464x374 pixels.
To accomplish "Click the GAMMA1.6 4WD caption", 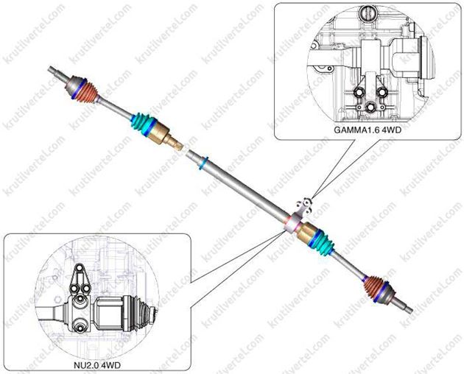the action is [x=368, y=130].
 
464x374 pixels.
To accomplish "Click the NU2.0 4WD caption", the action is [x=97, y=365].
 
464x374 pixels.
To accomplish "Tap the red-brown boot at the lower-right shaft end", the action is [x=374, y=289].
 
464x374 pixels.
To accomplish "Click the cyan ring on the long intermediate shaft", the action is [x=204, y=164].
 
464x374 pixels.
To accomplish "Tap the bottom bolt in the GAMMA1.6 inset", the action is [x=370, y=107].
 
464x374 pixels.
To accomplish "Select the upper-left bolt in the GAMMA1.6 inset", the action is [x=358, y=93].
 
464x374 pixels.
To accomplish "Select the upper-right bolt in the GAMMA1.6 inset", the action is [x=382, y=92].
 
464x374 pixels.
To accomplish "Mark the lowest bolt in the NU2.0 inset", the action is [x=80, y=327].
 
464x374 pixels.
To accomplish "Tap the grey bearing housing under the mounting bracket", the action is [x=292, y=224].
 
